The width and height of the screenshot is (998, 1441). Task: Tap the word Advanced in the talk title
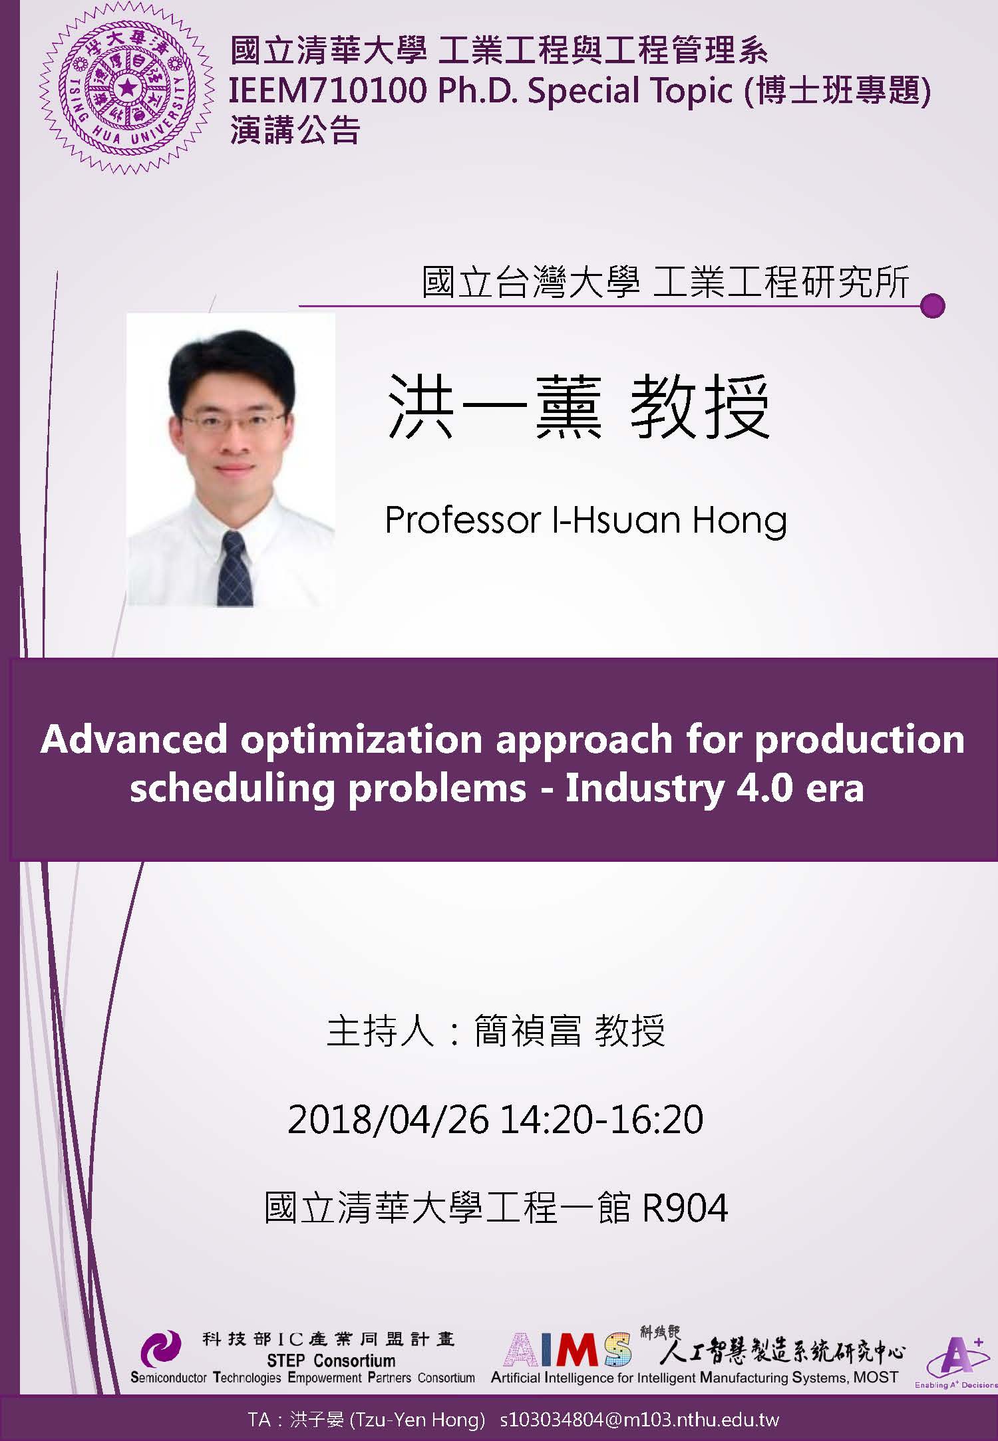point(134,739)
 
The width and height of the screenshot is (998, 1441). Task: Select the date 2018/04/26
point(388,1119)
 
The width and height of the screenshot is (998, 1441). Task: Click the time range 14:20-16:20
point(601,1119)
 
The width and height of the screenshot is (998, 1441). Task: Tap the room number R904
point(685,1208)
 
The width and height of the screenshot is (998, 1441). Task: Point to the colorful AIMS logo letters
point(568,1350)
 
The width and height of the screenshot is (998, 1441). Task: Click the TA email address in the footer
point(639,1420)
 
